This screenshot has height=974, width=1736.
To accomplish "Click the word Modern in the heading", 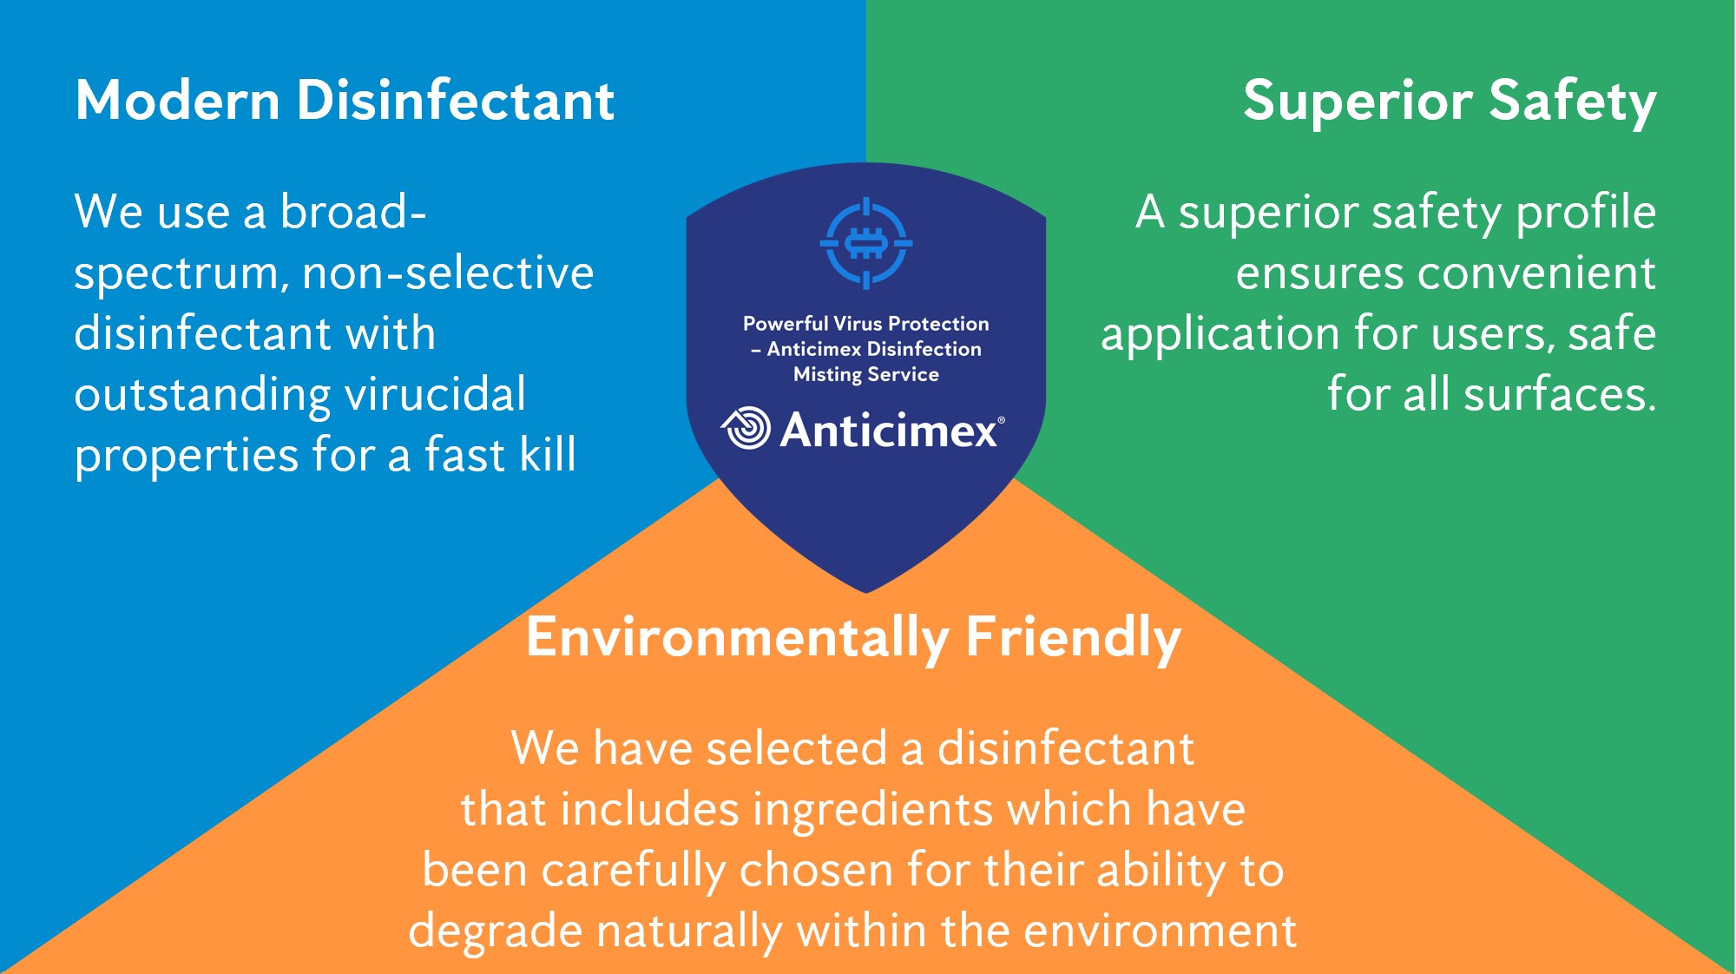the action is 177,100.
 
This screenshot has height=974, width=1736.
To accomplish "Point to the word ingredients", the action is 871,811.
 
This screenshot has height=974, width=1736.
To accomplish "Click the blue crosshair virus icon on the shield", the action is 866,243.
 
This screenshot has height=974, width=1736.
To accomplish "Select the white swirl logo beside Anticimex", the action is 746,428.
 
